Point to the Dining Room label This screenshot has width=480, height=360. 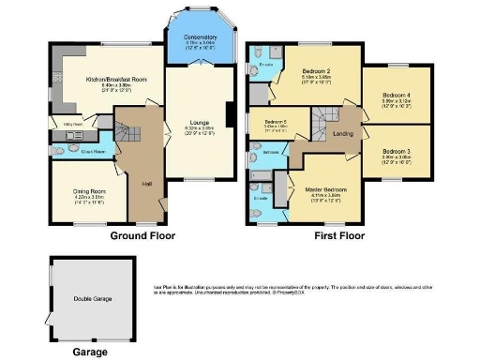pyautogui.click(x=89, y=191)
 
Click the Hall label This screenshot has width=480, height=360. pyautogui.click(x=146, y=184)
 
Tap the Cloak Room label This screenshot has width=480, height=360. pyautogui.click(x=91, y=150)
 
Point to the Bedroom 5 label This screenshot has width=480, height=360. pyautogui.click(x=273, y=123)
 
